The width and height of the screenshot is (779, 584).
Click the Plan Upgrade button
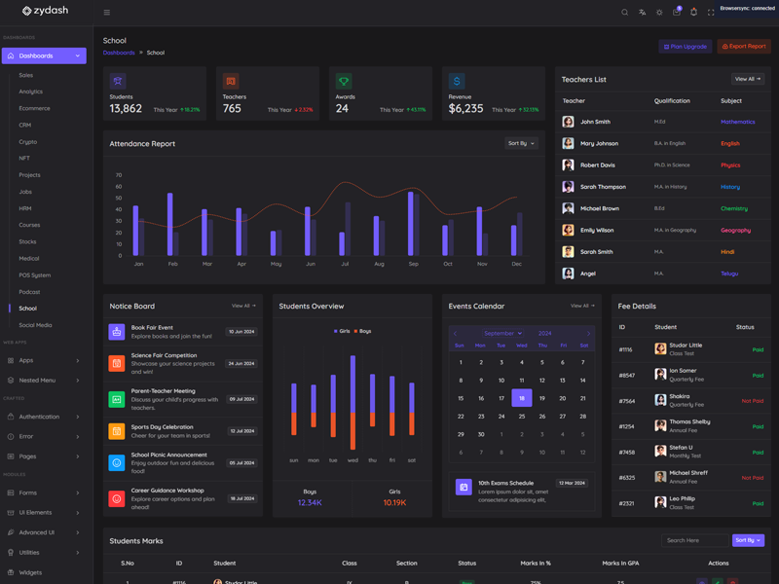coord(686,47)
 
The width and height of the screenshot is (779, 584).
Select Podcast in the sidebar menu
coord(29,292)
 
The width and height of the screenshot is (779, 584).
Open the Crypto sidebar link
coord(27,142)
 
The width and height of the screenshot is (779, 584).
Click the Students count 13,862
coord(126,109)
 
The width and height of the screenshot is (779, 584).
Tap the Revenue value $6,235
coord(465,109)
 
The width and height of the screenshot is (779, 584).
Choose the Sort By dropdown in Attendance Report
coord(521,143)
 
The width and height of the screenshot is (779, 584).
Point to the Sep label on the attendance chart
coord(413,264)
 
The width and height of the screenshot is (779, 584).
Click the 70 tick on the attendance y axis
coord(119,175)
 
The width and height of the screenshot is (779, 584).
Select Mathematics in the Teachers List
coord(737,122)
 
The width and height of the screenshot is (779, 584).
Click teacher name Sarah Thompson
coord(603,187)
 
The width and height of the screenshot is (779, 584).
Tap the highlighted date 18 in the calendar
coord(522,398)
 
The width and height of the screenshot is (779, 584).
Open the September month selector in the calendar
coord(501,333)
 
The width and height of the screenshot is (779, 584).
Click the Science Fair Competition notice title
coord(164,355)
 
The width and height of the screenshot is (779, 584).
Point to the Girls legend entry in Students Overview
coord(342,331)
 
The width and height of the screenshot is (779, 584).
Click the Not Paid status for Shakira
coord(752,401)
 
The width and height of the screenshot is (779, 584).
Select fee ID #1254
coord(626,426)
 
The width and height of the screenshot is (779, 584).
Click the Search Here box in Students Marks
coord(693,540)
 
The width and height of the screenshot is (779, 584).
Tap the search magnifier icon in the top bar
coord(625,13)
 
